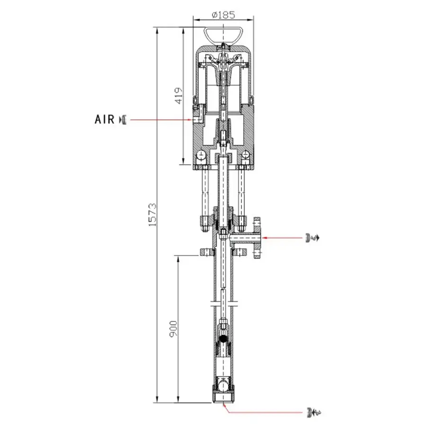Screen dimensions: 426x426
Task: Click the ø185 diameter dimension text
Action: (x=223, y=14)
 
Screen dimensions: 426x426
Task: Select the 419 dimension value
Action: (x=178, y=95)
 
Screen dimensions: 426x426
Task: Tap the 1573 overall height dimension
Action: (x=152, y=214)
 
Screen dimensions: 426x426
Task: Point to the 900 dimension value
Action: (x=173, y=329)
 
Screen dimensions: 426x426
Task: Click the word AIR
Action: (x=105, y=119)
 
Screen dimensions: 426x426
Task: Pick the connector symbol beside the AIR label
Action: (x=123, y=120)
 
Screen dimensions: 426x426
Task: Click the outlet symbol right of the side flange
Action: (x=312, y=238)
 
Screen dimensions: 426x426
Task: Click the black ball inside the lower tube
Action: (x=223, y=339)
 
